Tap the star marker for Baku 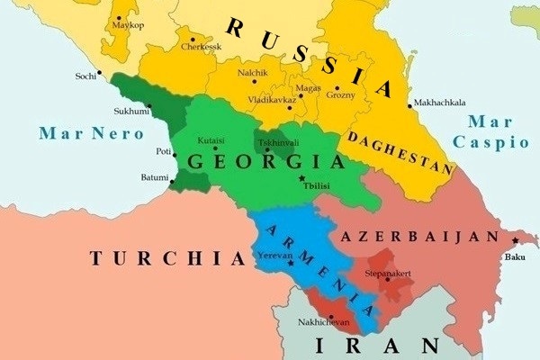coord(515,240)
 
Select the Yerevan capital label coord(274,255)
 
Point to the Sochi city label coord(85,76)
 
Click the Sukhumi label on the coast coord(130,112)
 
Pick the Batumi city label coord(155,178)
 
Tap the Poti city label coord(163,152)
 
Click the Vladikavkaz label coord(271,100)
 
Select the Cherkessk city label coord(200,46)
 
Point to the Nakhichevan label coord(323,321)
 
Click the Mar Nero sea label coord(91,134)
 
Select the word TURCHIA coord(166,258)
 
